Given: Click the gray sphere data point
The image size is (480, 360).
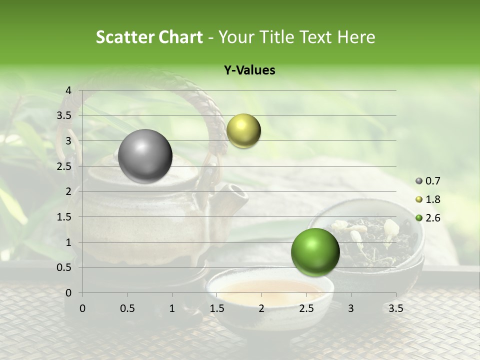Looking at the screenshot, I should click(x=145, y=156).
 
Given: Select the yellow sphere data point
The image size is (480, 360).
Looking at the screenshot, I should click(x=243, y=130).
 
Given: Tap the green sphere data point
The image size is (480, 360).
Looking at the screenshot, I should click(x=315, y=252).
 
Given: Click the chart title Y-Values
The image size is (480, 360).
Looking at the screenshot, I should click(x=249, y=70).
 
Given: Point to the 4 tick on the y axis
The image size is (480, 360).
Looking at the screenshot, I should click(x=68, y=90).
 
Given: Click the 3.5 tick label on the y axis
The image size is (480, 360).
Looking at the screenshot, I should click(x=64, y=115).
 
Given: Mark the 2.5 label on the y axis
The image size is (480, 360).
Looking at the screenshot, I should click(x=64, y=166).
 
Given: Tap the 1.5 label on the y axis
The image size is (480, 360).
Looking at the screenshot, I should click(x=64, y=217).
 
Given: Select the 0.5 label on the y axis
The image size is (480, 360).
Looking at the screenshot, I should click(x=64, y=267).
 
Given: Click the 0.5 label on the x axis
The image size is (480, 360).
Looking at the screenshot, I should click(x=127, y=308).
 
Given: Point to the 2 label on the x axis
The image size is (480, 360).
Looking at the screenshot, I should click(x=261, y=308).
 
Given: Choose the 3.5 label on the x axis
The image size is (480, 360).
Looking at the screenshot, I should click(x=395, y=308).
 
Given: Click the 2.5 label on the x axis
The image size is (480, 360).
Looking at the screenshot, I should click(x=306, y=308).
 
